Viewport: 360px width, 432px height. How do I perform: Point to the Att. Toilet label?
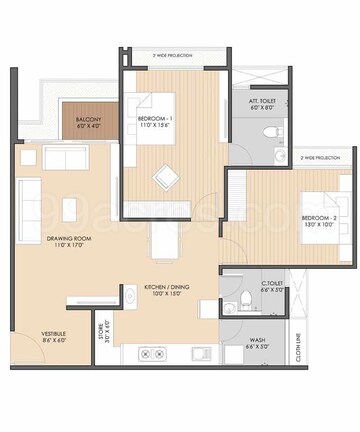tap(263, 105)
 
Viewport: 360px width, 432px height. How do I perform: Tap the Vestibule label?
tap(54, 337)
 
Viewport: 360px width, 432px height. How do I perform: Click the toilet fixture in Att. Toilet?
tap(266, 130)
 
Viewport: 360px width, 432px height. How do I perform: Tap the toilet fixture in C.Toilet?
tap(231, 306)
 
